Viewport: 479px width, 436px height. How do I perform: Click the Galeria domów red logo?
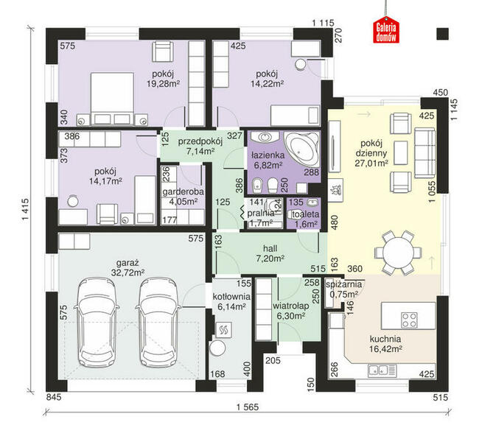coord(386,29)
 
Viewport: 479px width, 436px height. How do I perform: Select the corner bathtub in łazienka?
coord(301,149)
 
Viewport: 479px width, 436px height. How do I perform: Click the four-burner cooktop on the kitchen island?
coord(409,320)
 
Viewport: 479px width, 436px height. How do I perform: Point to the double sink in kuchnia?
coord(382,370)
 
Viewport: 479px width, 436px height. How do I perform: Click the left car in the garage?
coord(97,322)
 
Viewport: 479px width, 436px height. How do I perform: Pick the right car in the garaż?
coord(158,322)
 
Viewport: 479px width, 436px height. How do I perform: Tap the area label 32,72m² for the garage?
coord(127,272)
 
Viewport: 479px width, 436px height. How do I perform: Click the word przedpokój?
coord(200,141)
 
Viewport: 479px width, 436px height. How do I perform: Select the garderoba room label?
coord(183,191)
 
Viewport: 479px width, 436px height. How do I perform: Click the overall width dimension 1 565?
coord(248,407)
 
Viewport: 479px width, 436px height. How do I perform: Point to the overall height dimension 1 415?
coord(26,209)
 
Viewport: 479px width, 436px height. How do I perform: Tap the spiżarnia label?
coord(343,284)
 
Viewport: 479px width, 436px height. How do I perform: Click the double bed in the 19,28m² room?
coord(113,99)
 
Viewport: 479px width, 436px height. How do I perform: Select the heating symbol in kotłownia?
coord(223,329)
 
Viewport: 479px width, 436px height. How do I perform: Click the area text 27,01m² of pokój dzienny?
coord(371,163)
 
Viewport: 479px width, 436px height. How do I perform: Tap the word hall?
coord(270,248)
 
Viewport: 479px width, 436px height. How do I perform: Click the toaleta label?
coord(306,214)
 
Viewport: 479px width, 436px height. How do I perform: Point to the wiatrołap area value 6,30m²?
coord(291,316)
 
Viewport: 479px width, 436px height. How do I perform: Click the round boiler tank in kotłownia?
coord(217,348)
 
